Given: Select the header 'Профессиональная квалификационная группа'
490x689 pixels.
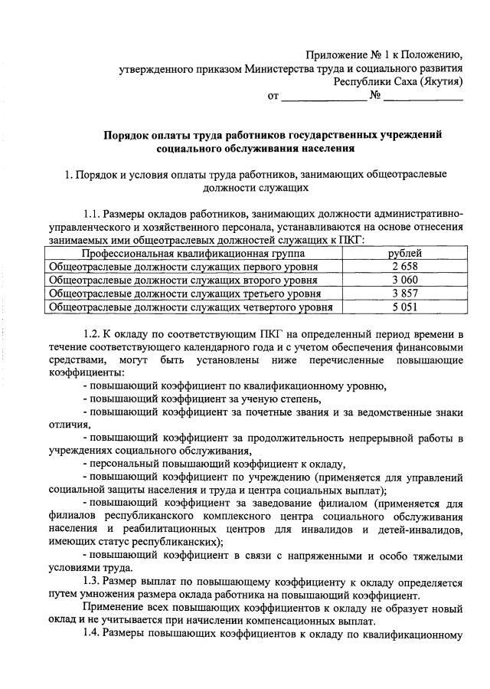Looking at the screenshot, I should click(x=194, y=252).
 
